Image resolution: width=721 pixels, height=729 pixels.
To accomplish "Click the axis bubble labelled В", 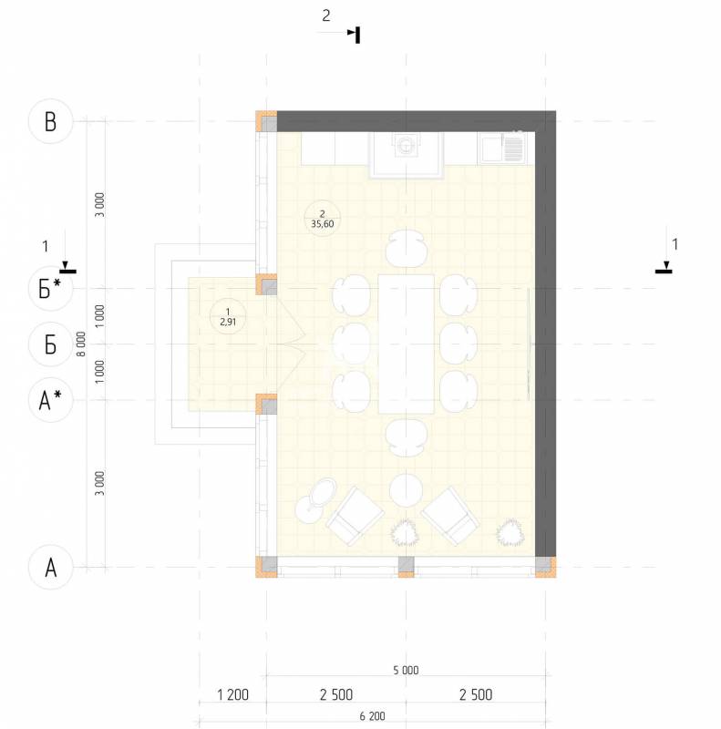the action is coord(51,121).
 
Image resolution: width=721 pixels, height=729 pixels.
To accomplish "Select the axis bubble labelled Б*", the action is coord(51,289).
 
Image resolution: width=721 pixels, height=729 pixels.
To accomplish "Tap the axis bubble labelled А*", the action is coord(51,400).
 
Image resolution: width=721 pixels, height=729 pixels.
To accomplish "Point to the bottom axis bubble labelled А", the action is coord(51,567).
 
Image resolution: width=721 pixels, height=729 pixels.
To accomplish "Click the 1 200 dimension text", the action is coord(233,694).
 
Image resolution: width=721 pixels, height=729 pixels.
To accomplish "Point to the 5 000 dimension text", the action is coord(407,670).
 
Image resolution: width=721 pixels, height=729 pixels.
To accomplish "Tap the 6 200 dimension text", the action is coord(373,716).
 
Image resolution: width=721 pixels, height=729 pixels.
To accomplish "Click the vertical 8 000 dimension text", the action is coord(81,344).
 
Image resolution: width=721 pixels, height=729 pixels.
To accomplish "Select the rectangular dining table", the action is coord(407,344).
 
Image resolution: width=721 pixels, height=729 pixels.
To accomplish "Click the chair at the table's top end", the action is coord(407,248).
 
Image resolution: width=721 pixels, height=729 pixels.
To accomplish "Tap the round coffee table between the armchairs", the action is coord(407,490).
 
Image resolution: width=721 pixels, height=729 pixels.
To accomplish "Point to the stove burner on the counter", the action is coord(405,146).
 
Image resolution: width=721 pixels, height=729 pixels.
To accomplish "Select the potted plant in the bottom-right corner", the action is coord(510,532).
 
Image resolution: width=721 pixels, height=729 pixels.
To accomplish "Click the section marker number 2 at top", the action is coord(326,15).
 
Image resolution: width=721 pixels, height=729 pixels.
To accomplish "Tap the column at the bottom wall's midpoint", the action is coord(407,567).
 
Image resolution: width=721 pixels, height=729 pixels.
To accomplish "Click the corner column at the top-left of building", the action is coord(266,121).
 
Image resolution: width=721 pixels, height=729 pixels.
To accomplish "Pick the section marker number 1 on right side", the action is coord(675,244).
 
